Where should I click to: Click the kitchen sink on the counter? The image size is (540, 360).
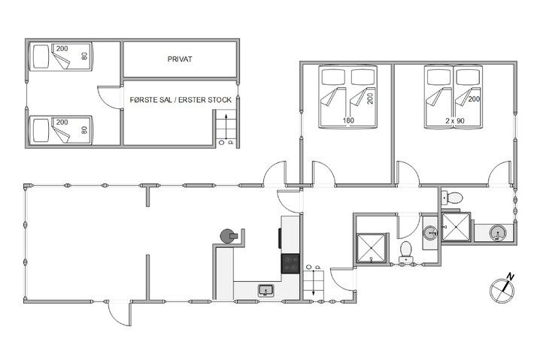pyautogui.click(x=265, y=290)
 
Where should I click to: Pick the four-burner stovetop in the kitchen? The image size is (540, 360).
pyautogui.click(x=291, y=264)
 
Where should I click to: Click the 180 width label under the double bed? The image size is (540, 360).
pyautogui.click(x=348, y=119)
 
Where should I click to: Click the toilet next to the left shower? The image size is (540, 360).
pyautogui.click(x=406, y=251)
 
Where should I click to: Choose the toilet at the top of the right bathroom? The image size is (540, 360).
pyautogui.click(x=453, y=198)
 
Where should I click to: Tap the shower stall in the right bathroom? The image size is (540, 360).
pyautogui.click(x=456, y=226)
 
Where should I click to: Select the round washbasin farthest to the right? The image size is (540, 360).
pyautogui.click(x=498, y=233)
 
